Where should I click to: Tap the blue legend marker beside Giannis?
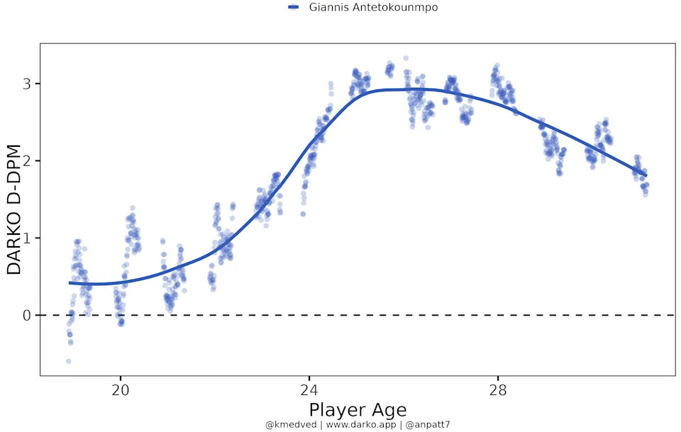[x=293, y=7]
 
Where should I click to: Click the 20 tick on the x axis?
[x=121, y=389]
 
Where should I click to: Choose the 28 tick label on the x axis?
[x=498, y=389]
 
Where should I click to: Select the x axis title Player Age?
[x=358, y=410]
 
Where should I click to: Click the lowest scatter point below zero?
[x=69, y=361]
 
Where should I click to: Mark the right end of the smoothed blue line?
[x=646, y=176]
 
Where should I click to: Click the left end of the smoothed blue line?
[x=70, y=283]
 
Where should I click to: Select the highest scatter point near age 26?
[x=406, y=58]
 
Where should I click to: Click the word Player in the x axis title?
[x=334, y=410]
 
